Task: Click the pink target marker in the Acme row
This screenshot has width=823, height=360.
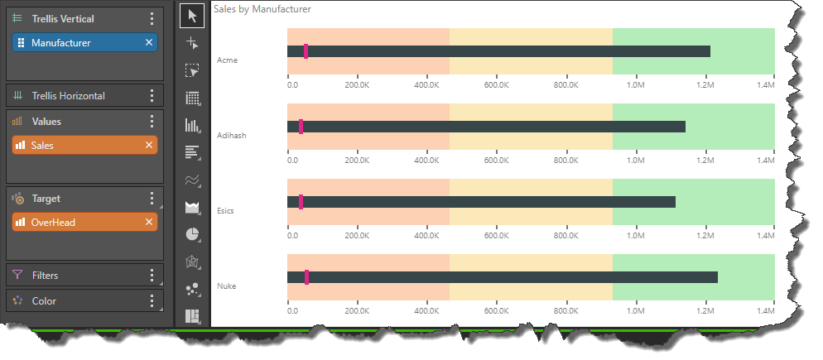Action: pos(306,51)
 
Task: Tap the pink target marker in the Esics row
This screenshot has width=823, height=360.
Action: pos(301,202)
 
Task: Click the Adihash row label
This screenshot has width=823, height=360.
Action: pos(231,135)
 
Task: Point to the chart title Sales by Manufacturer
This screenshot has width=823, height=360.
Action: pos(262,10)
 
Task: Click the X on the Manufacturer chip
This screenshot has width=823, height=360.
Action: pos(149,42)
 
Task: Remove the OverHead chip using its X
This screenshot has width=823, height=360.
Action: pos(149,222)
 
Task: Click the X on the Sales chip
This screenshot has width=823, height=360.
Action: pos(149,145)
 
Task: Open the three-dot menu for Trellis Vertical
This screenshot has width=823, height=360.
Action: pos(151,19)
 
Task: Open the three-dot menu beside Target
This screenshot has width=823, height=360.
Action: pos(151,199)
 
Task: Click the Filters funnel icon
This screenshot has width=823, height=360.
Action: pos(17,275)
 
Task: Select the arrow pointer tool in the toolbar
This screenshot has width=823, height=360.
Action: pos(193,16)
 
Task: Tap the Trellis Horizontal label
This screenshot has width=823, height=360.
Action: pos(68,96)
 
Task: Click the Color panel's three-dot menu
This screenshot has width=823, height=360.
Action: pos(151,301)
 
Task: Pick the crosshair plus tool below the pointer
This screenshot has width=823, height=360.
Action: pos(193,43)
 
